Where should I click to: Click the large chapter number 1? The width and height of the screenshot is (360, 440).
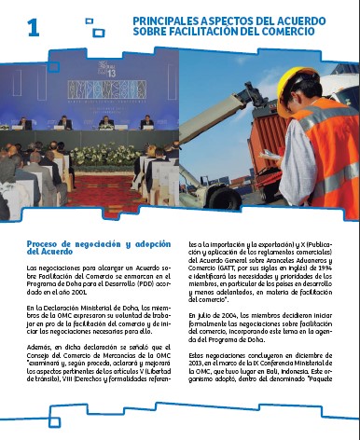[x=34, y=29]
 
